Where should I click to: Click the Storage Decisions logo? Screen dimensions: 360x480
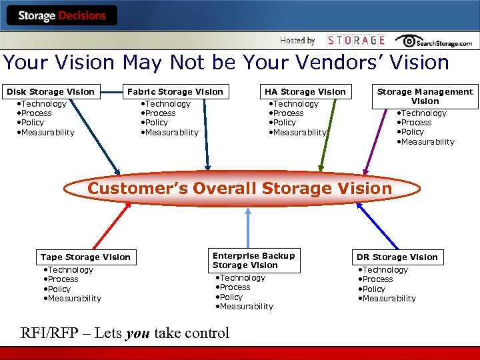(62, 15)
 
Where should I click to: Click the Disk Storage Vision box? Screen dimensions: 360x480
(51, 91)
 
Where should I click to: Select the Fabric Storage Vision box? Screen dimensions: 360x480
(175, 91)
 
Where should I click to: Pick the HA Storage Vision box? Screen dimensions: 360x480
(305, 91)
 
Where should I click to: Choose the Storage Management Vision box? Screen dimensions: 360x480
(425, 96)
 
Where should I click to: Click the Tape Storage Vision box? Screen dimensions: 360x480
(85, 257)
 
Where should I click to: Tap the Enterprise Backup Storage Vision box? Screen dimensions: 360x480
(253, 260)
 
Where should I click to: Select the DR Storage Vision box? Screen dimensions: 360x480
(397, 257)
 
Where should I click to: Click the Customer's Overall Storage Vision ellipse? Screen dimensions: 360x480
(240, 188)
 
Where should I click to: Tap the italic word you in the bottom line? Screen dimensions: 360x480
(138, 333)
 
